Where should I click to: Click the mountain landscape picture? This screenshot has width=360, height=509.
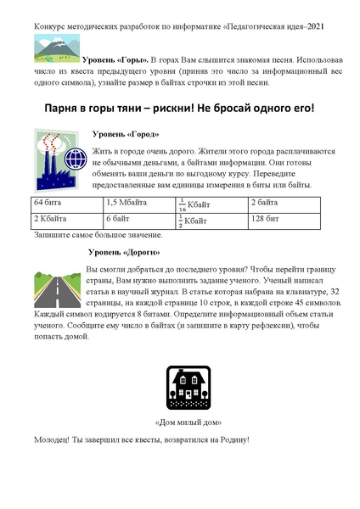(x=56, y=49)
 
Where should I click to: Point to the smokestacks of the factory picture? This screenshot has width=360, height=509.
(x=48, y=140)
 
